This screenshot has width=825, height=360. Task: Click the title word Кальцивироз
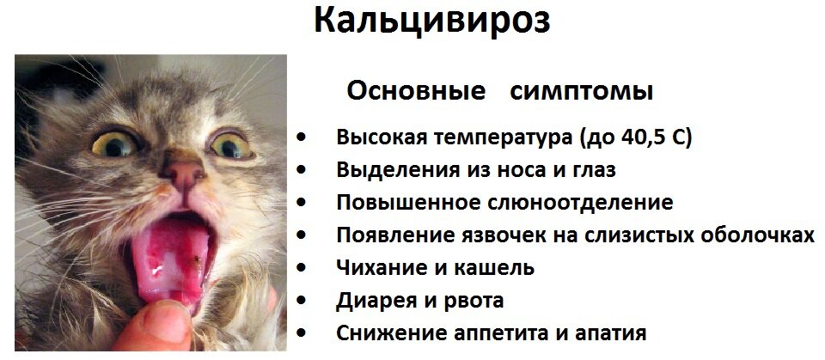[x=431, y=21]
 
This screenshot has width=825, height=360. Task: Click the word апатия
[x=608, y=333]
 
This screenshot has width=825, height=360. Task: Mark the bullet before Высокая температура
[x=301, y=137]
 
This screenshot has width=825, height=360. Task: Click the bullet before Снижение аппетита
[x=301, y=332]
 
